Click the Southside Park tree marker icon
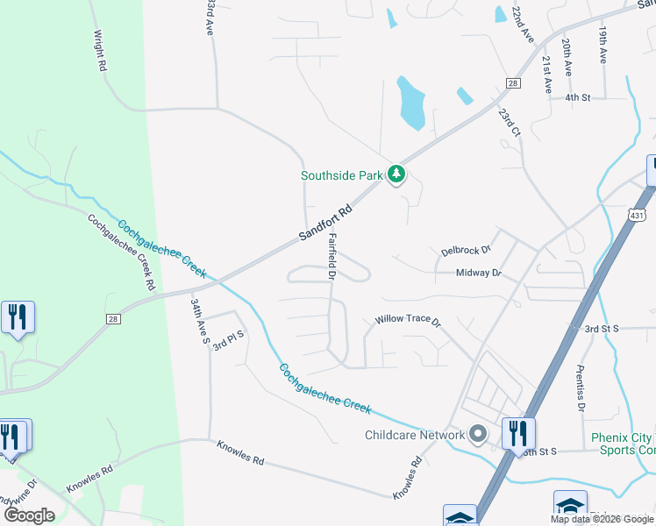[x=397, y=174]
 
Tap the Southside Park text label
[x=342, y=175]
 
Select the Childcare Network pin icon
[x=478, y=434]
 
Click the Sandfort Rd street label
[x=325, y=224]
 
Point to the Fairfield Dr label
[x=332, y=256]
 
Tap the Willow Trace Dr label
[x=408, y=319]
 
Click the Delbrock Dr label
[x=466, y=251]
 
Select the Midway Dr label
[x=478, y=274]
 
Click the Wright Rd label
[x=100, y=52]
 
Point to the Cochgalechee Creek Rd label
[x=122, y=252]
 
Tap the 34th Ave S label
[x=198, y=320]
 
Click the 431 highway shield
[x=637, y=214]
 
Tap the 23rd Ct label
[x=509, y=124]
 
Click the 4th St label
[x=578, y=97]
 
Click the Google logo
[x=29, y=515]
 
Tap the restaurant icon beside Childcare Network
[x=518, y=432]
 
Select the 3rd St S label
[x=603, y=328]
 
